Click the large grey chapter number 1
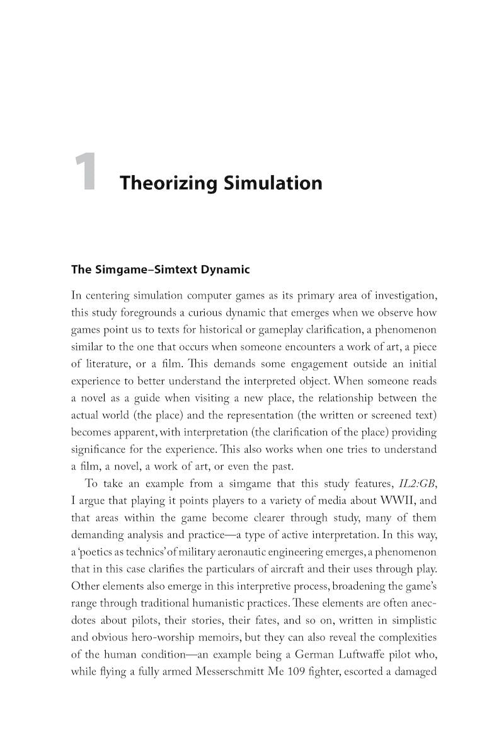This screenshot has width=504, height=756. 86,173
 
